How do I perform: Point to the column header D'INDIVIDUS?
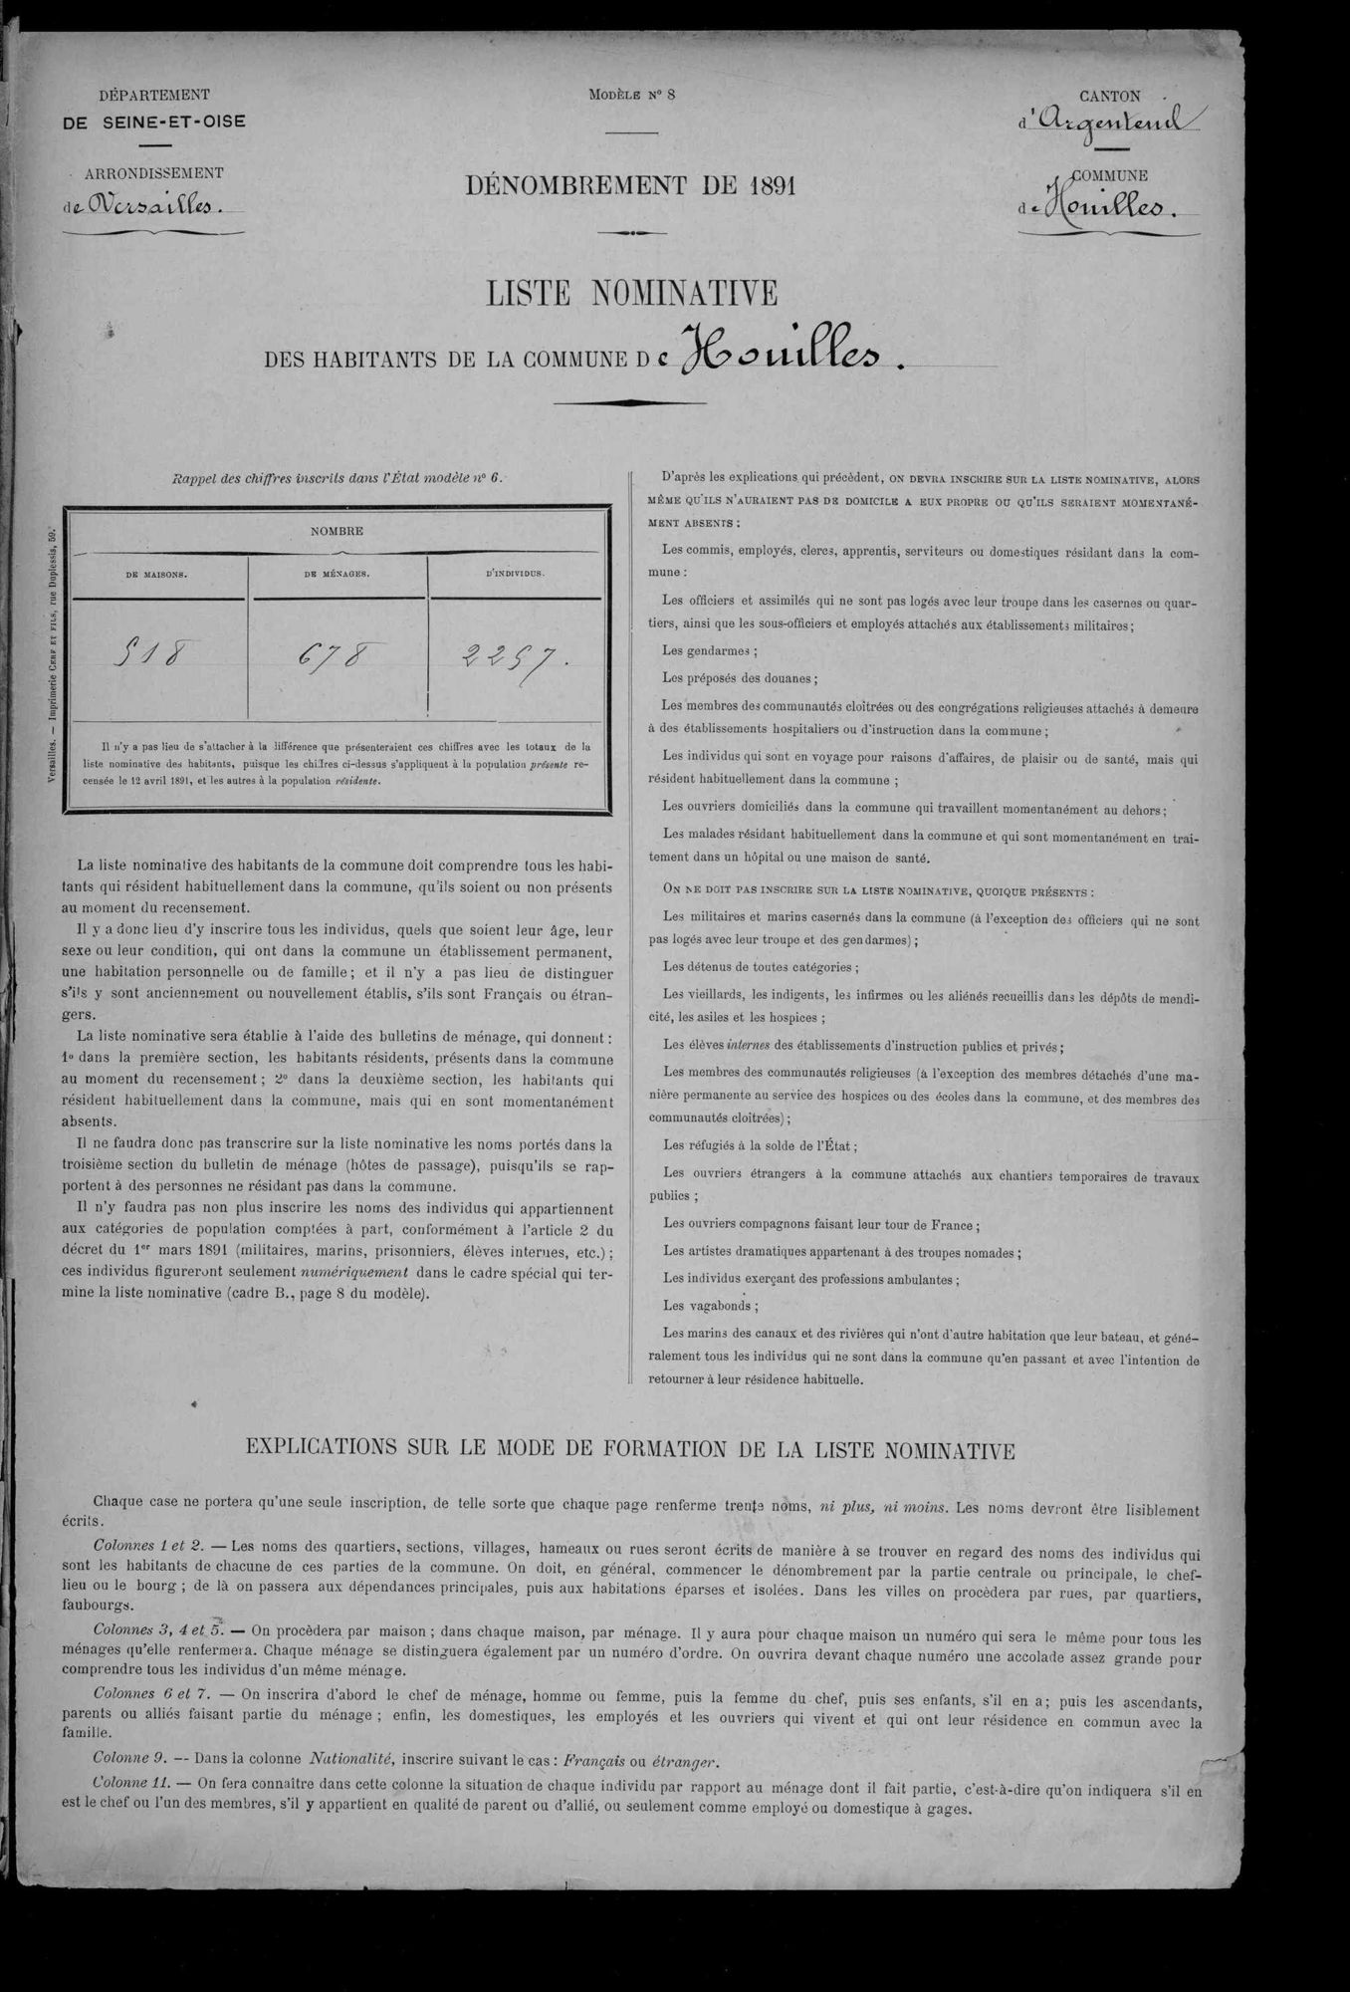[516, 575]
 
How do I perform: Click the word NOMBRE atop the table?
[337, 531]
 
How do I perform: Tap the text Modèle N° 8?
[631, 96]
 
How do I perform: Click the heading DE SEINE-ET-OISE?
[154, 122]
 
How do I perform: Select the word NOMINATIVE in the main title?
[687, 293]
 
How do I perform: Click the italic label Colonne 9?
[129, 1756]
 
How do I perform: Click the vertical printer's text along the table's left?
[52, 657]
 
